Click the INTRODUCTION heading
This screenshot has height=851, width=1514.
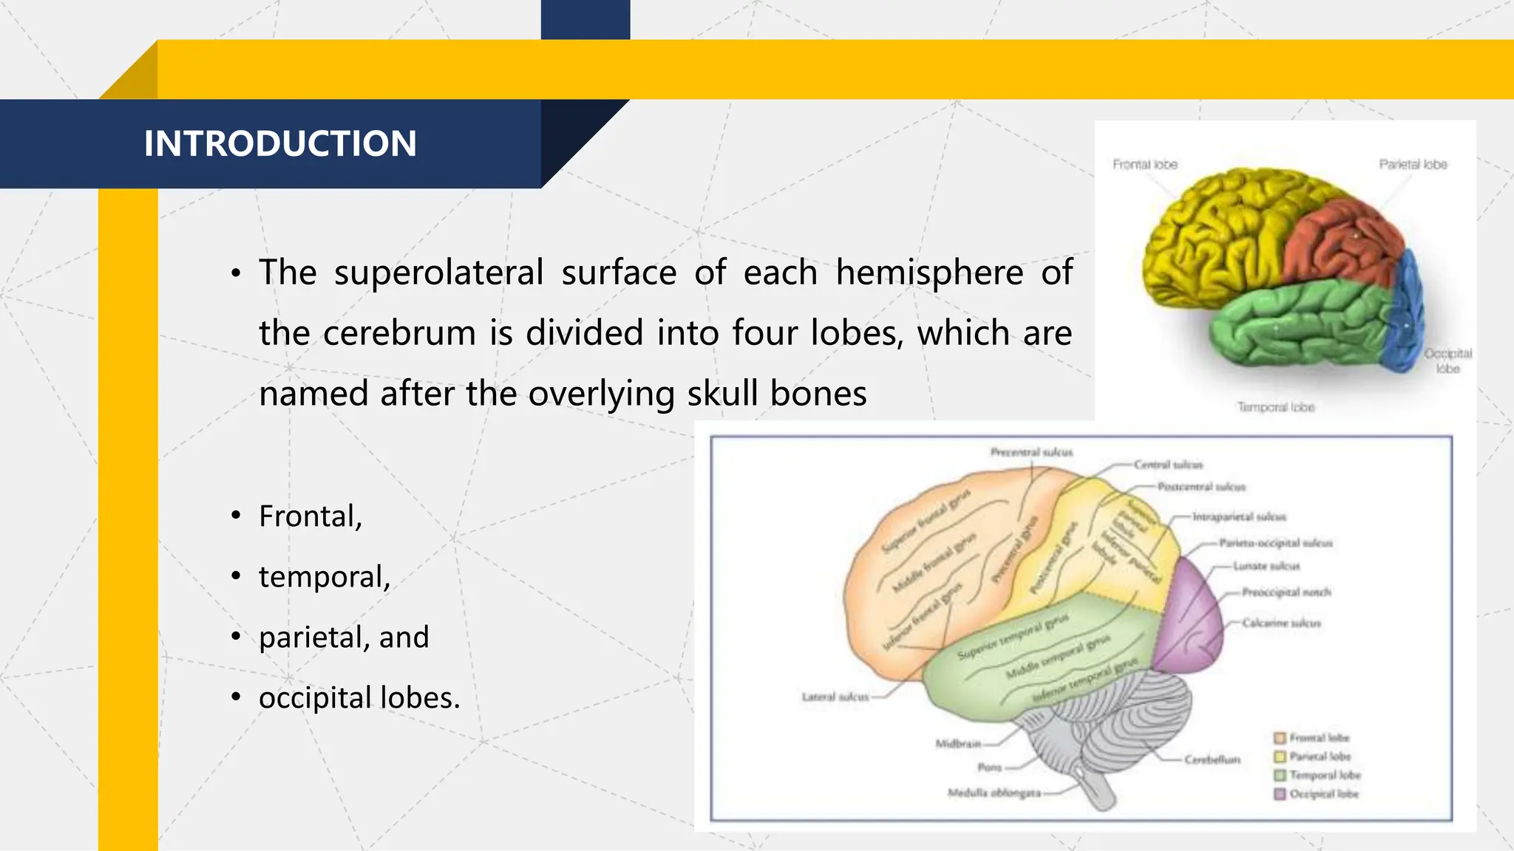(280, 143)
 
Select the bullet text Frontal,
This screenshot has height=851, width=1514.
(310, 516)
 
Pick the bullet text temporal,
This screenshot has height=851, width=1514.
(324, 577)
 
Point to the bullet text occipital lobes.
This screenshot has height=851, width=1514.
(359, 698)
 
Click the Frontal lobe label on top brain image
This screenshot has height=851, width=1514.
(1144, 165)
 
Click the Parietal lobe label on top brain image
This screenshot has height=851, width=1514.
(1413, 165)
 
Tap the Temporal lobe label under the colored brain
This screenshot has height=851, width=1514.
(1276, 407)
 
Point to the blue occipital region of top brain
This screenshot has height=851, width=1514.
(1405, 318)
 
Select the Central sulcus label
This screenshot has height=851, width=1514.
(1168, 465)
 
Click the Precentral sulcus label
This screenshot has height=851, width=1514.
(1031, 452)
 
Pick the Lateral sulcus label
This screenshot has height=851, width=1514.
(835, 697)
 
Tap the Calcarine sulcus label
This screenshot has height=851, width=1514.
(1281, 623)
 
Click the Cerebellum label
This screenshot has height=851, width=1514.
(1212, 759)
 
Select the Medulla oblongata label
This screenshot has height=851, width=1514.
(994, 793)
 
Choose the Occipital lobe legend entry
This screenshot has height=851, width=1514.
(1323, 794)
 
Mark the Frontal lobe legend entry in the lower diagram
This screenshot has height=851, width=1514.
(1319, 738)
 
